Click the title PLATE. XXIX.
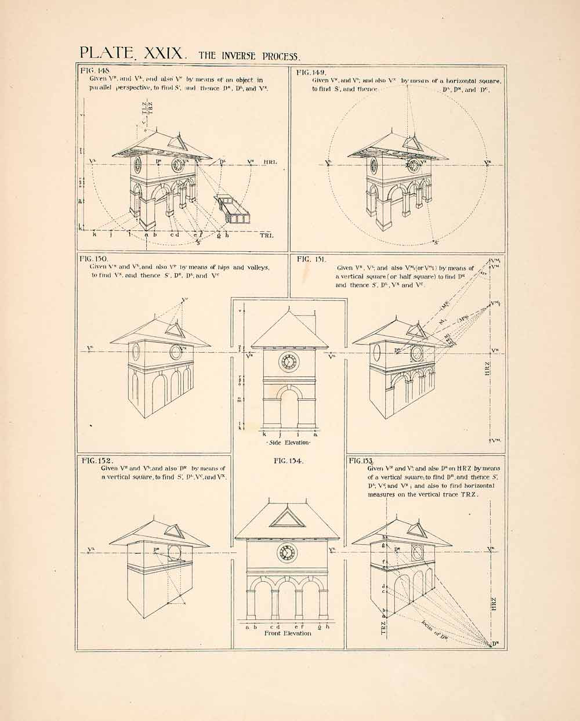132,54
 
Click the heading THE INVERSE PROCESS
250,56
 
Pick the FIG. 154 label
288,462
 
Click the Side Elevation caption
288,443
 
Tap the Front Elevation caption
288,633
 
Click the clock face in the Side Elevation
288,362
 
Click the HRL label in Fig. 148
270,162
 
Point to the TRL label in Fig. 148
266,235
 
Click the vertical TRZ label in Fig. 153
383,628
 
